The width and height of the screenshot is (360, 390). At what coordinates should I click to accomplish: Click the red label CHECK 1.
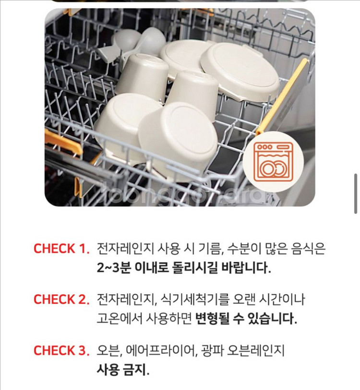[61, 249]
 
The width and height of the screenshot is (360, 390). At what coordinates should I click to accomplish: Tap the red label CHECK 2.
[61, 300]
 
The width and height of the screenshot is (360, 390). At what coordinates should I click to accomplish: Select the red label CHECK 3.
[61, 351]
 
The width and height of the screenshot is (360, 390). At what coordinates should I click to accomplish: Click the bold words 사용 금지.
[122, 370]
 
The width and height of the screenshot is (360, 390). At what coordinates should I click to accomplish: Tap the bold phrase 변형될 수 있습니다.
[246, 319]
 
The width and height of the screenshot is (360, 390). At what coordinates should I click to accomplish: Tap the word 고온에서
[117, 319]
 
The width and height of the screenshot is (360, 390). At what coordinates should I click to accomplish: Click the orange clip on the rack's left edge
[62, 142]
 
